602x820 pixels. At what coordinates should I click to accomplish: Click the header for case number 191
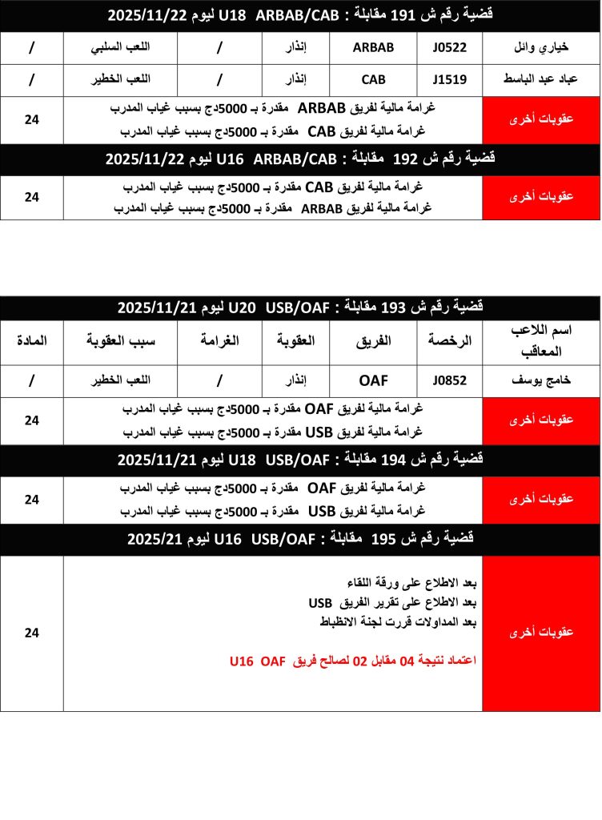coord(300,14)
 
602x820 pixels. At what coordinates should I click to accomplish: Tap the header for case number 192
coord(300,159)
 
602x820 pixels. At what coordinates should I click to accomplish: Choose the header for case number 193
coord(300,307)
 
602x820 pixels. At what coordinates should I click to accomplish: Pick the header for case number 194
coord(300,460)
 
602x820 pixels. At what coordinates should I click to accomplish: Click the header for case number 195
coord(300,540)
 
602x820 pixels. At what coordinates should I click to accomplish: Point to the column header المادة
coord(32,341)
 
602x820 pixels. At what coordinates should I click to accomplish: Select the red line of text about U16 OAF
coord(352,661)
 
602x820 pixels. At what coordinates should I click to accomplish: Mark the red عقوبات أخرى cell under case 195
coord(541,633)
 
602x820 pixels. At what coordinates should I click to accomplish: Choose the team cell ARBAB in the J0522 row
coord(373,47)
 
